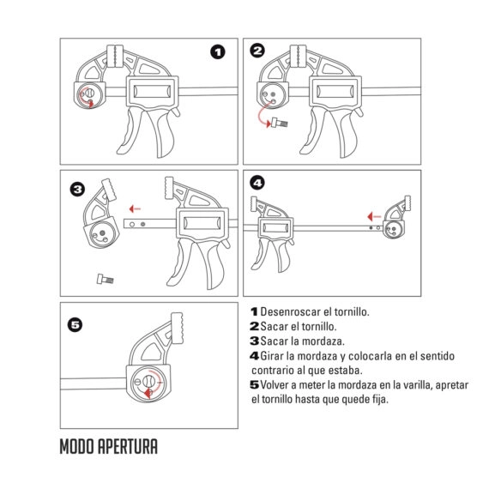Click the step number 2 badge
coord(258,52)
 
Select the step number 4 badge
coord(258,183)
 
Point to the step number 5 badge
coord(75,324)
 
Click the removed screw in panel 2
coord(280,124)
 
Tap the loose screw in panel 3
coord(104,277)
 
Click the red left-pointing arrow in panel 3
coord(134,208)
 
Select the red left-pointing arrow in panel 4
coord(370,216)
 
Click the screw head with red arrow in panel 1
coord(87,94)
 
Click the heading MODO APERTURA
coord(109,448)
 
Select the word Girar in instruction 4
coord(274,355)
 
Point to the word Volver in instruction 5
coord(277,385)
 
